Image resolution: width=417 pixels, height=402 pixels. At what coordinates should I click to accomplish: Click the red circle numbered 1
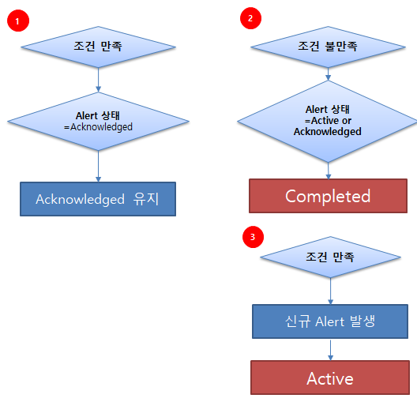[x=18, y=21]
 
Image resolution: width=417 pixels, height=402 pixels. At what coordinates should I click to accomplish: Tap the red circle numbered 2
[x=250, y=18]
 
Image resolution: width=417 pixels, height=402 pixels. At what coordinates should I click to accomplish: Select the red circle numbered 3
[x=253, y=237]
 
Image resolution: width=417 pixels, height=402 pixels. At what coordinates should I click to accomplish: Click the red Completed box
[x=328, y=196]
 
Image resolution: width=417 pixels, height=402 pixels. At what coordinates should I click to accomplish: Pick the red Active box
[x=330, y=378]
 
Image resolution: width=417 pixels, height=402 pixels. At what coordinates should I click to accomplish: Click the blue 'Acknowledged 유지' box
[x=98, y=199]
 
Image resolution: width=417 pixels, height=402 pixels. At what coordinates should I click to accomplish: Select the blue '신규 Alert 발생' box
[x=330, y=321]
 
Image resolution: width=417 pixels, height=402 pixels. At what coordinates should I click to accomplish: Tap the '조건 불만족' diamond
[x=328, y=47]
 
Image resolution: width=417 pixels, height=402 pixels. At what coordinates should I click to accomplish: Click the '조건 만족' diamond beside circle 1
[x=98, y=47]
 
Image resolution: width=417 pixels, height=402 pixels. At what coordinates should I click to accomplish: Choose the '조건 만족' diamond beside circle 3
[x=330, y=257]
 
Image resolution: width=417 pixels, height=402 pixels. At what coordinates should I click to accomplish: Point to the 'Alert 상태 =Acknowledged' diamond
[x=98, y=122]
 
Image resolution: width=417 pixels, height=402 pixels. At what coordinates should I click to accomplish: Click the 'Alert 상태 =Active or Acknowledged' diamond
[x=328, y=122]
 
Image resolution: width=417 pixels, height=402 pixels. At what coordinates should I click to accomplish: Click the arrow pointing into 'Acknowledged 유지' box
[x=98, y=167]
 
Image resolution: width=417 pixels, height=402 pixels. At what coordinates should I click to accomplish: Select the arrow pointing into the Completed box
[x=329, y=171]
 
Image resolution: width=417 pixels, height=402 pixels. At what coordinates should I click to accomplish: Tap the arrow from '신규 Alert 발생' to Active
[x=330, y=350]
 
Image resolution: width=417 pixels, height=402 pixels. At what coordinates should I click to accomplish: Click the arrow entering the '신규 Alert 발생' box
[x=330, y=291]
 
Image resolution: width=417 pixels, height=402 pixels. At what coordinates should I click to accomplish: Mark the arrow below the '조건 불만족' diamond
[x=328, y=74]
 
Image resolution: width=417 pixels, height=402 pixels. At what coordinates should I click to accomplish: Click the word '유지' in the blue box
[x=146, y=199]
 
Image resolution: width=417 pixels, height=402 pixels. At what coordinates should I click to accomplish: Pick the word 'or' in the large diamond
[x=347, y=121]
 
